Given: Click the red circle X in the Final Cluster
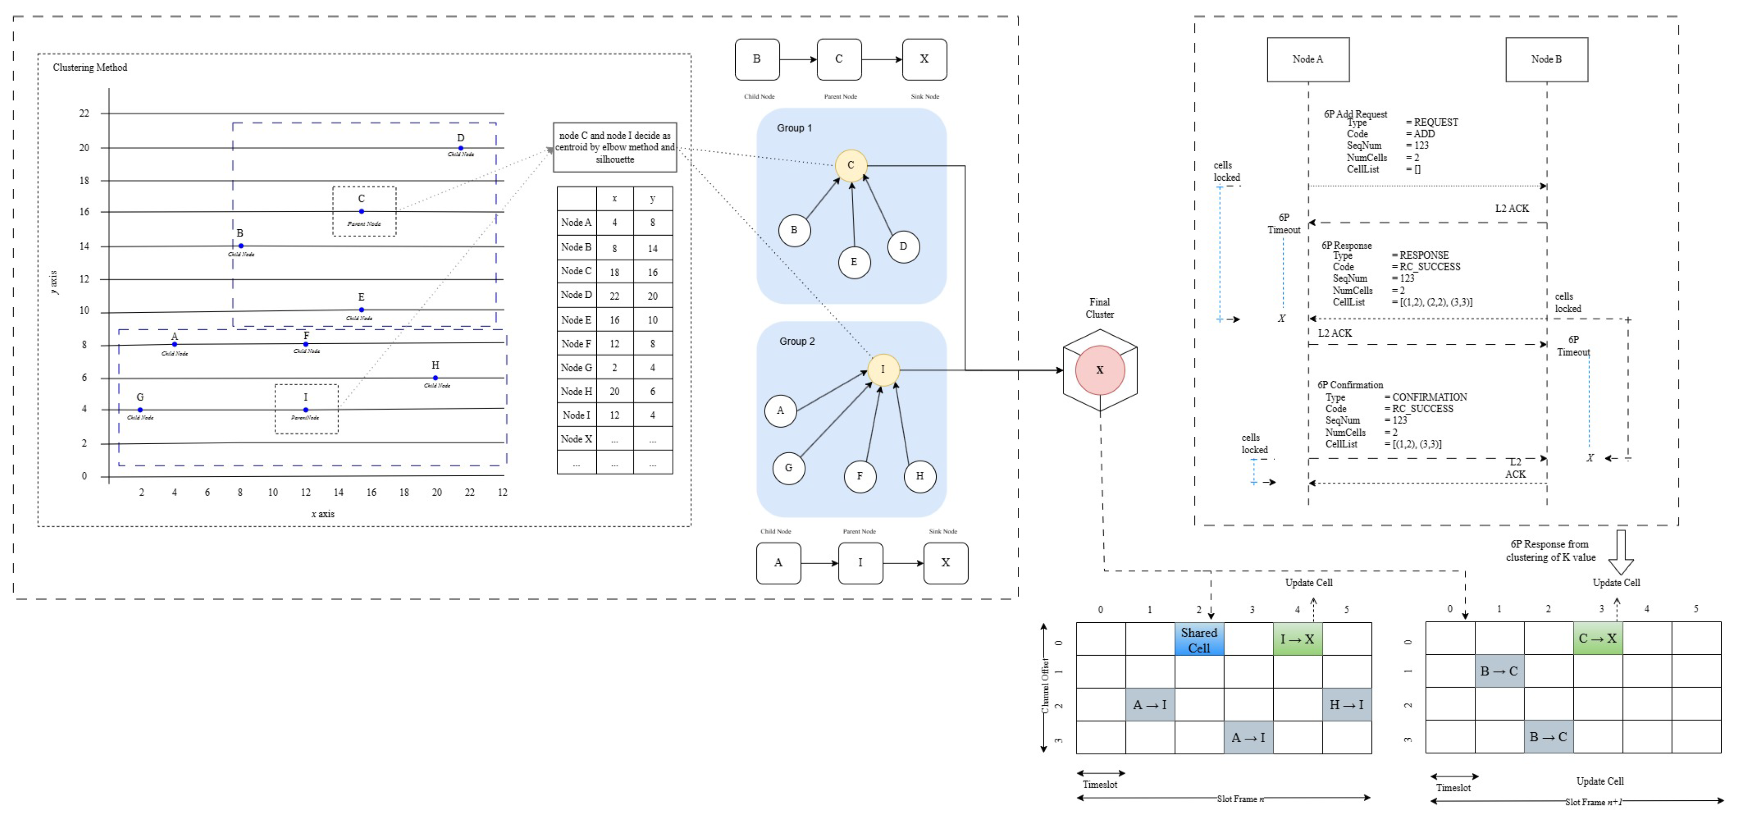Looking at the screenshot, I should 1100,370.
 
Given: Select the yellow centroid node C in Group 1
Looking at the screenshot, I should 850,165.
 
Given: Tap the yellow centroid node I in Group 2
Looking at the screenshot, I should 883,370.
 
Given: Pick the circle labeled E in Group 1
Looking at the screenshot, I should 854,262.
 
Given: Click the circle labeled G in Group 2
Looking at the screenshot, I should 788,468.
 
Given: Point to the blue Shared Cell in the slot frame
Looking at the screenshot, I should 1199,640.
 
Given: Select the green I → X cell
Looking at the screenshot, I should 1297,639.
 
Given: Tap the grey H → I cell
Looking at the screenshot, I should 1346,705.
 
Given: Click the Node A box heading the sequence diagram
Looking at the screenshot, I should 1308,60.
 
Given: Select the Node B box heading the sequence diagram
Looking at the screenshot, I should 1546,60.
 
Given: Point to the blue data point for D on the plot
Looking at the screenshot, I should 461,148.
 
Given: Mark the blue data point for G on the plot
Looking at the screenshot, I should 140,410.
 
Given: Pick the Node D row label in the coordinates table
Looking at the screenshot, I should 576,294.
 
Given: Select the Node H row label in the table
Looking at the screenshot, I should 576,391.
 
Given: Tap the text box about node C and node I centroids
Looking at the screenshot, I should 615,147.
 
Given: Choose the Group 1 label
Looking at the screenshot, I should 794,128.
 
